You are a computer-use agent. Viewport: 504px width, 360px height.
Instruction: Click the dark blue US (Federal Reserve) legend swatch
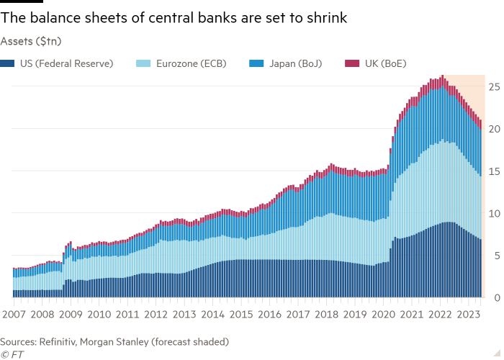[9, 63]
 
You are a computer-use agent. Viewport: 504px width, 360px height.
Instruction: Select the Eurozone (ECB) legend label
[187, 63]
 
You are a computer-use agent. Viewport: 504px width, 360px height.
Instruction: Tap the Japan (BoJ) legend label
[294, 63]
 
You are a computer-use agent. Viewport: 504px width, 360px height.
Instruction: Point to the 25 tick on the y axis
[494, 87]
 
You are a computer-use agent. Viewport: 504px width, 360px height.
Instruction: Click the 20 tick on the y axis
[494, 129]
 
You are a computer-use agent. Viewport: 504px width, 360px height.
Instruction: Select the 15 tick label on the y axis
[494, 171]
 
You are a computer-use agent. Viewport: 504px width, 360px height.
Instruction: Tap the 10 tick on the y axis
[494, 213]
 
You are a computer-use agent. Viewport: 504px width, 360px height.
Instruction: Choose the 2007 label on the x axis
[14, 315]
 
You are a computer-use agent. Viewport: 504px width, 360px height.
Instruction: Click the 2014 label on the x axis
[212, 315]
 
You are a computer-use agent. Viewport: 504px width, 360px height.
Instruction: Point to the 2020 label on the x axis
[383, 315]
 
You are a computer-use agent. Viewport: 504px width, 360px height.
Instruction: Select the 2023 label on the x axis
[468, 315]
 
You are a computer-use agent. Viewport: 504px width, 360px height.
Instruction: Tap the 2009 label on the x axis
[71, 315]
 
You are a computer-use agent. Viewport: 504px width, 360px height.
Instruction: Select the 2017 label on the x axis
[297, 315]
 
